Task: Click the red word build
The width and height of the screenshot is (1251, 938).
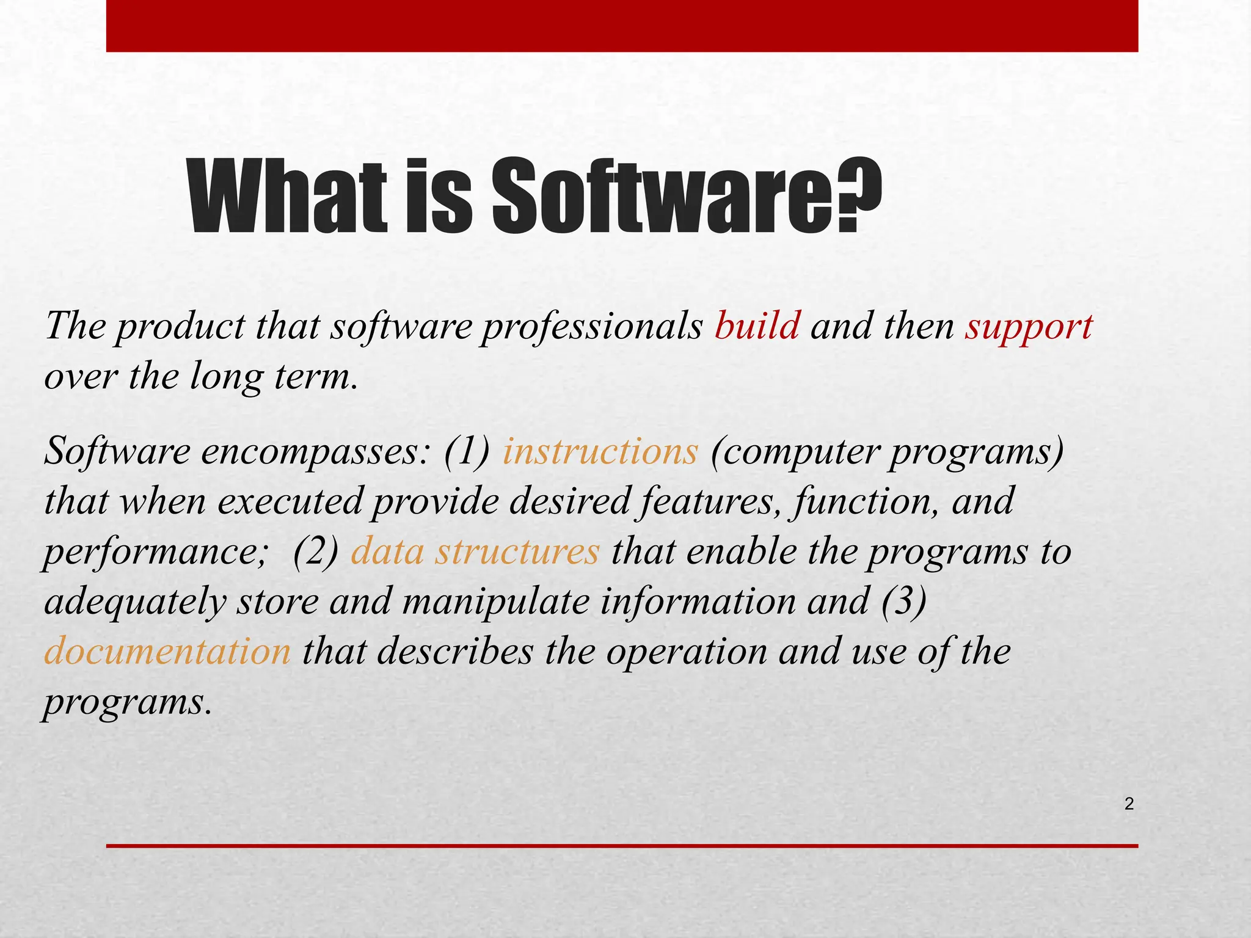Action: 757,326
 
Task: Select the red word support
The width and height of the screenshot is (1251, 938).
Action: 1029,327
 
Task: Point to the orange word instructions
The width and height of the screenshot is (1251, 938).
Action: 600,452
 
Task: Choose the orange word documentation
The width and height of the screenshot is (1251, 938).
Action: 167,651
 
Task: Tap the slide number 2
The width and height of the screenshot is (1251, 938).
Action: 1129,804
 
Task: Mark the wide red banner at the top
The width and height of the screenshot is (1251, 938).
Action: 622,26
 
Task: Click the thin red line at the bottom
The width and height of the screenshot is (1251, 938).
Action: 622,846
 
